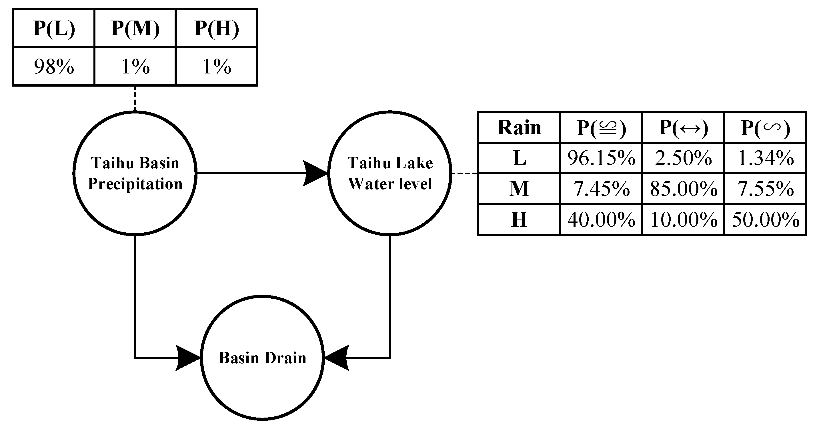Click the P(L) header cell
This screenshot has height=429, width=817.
[54, 29]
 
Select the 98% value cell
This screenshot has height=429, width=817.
[54, 67]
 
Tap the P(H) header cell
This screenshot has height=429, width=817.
[216, 29]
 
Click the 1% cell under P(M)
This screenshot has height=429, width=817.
[135, 67]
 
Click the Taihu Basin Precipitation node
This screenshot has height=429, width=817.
[135, 173]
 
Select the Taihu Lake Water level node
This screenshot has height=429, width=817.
[390, 173]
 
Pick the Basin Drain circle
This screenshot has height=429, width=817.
[262, 358]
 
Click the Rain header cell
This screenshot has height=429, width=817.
[519, 127]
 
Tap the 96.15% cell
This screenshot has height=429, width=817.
[601, 158]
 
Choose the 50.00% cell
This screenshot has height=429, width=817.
[765, 220]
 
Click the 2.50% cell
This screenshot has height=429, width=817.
[684, 158]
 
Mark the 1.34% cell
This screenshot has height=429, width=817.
[765, 158]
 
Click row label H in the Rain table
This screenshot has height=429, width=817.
[519, 220]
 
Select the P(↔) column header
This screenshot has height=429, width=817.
[684, 127]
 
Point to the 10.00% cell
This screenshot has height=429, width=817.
[684, 220]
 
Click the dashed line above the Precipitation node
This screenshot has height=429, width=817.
[135, 98]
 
